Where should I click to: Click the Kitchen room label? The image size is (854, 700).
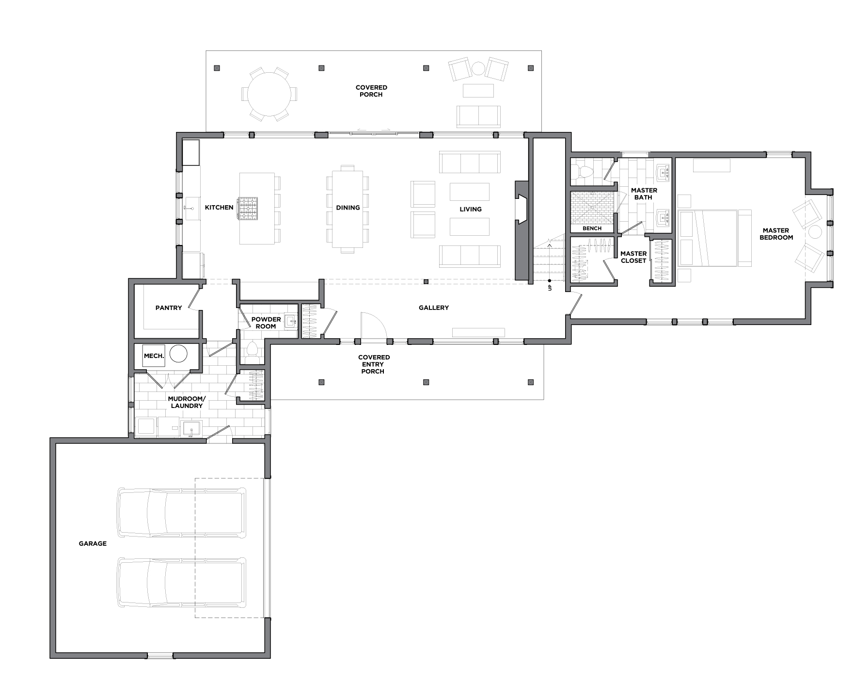pyautogui.click(x=219, y=208)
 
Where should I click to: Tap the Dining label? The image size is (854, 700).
pyautogui.click(x=348, y=208)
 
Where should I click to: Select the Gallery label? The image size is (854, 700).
pyautogui.click(x=434, y=308)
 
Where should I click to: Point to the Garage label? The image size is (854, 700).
pyautogui.click(x=93, y=544)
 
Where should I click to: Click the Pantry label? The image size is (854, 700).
pyautogui.click(x=169, y=308)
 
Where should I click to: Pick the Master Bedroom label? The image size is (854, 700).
pyautogui.click(x=776, y=234)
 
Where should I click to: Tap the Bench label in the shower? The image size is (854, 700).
pyautogui.click(x=592, y=228)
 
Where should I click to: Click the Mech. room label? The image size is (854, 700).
pyautogui.click(x=154, y=356)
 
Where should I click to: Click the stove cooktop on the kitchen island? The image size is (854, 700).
pyautogui.click(x=248, y=209)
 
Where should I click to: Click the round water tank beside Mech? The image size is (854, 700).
pyautogui.click(x=178, y=354)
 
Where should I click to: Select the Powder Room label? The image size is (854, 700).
pyautogui.click(x=266, y=323)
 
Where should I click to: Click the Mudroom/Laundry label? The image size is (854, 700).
pyautogui.click(x=187, y=402)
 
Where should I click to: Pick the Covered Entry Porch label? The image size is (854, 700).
pyautogui.click(x=374, y=364)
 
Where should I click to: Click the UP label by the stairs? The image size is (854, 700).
pyautogui.click(x=549, y=288)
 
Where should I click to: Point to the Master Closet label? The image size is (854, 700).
pyautogui.click(x=633, y=257)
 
